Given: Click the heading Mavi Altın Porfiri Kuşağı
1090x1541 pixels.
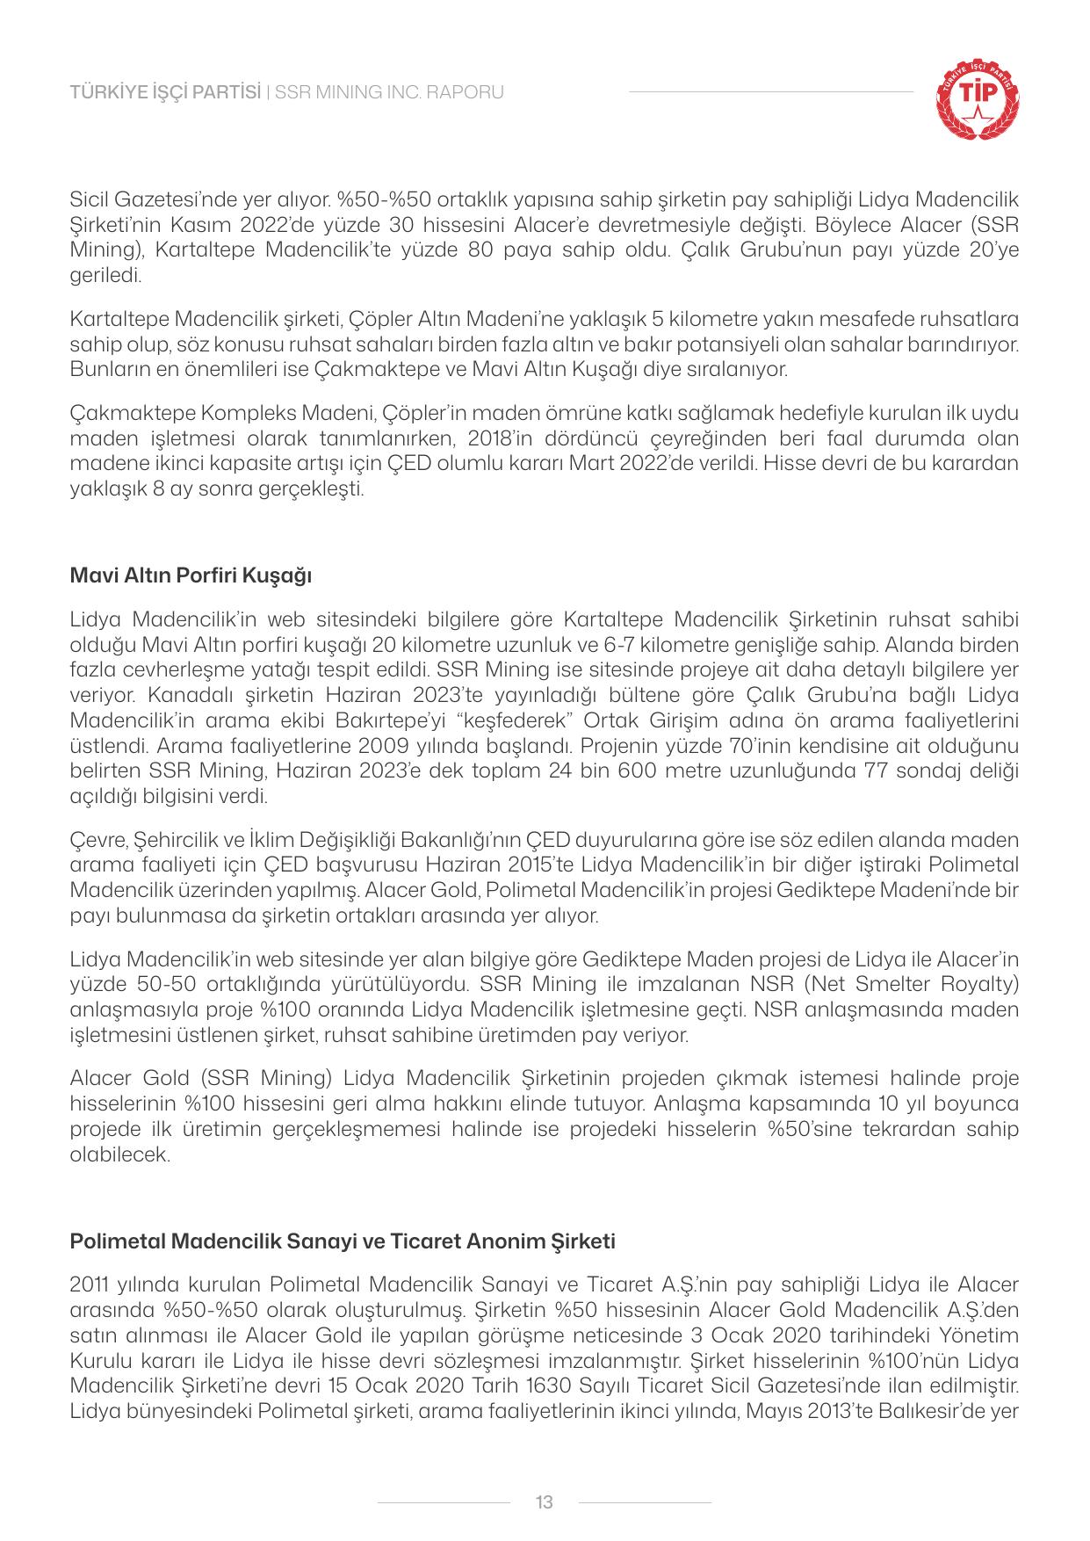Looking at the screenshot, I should (191, 576).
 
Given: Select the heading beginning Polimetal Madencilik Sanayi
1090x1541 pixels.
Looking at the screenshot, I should (343, 1242).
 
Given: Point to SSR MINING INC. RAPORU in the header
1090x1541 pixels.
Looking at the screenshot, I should (390, 92).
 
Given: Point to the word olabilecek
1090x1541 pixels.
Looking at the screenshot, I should (119, 1154).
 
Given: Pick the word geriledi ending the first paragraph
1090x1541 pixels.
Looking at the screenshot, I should (105, 276).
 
